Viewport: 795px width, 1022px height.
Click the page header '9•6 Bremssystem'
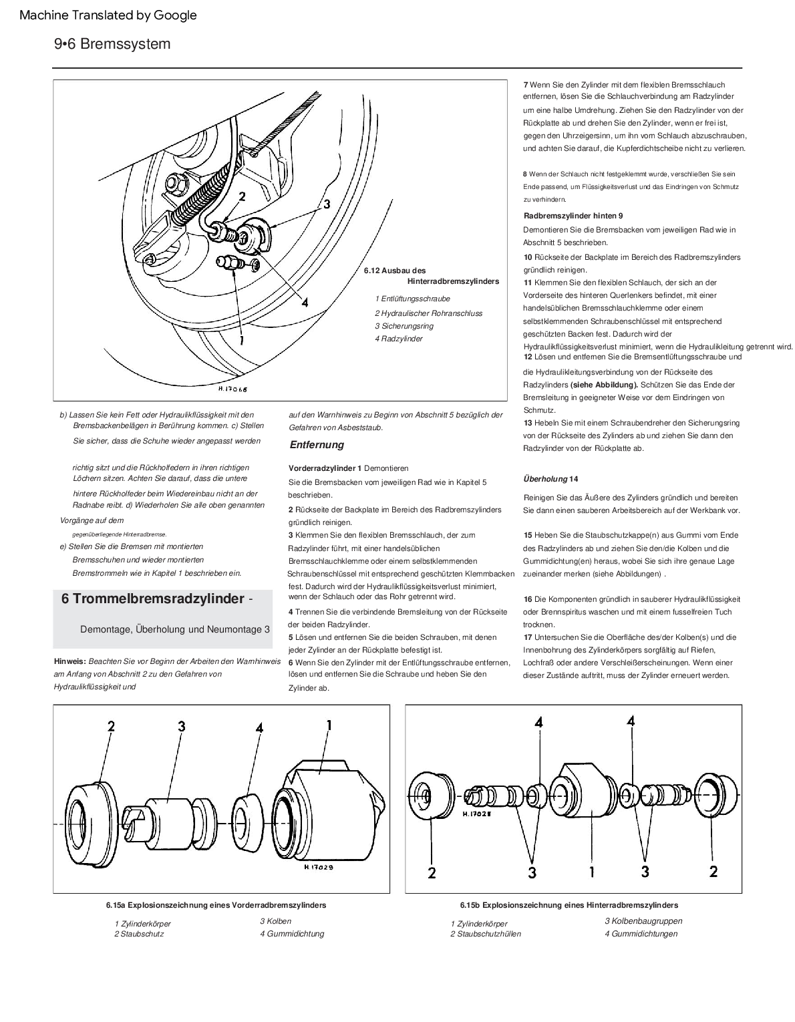pos(112,44)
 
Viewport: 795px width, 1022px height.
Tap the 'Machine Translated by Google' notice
pos(108,15)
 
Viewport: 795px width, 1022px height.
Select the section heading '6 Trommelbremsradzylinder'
pos(152,599)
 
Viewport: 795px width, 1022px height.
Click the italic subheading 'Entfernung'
pos(317,445)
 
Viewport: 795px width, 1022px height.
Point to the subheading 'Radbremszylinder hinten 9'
pos(573,216)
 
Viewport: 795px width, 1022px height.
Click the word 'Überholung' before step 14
pos(544,479)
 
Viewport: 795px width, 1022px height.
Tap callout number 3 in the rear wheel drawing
pos(327,204)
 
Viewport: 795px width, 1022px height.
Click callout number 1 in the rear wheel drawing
pos(241,339)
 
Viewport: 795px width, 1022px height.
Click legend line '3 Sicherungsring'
pos(404,326)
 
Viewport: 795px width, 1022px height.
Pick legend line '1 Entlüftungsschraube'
pos(412,299)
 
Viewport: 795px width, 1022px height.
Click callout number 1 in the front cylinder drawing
pos(329,725)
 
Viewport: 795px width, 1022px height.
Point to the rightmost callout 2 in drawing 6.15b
pos(713,871)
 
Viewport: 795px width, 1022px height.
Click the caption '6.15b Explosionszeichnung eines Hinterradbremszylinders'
pos(569,905)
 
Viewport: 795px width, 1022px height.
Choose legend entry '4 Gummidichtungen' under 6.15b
pos(641,933)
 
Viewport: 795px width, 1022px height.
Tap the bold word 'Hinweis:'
pos(70,661)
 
